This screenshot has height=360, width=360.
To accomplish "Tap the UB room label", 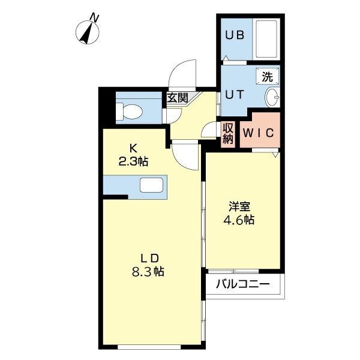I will pyautogui.click(x=234, y=35).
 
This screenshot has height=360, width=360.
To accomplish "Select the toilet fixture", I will pyautogui.click(x=130, y=110).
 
